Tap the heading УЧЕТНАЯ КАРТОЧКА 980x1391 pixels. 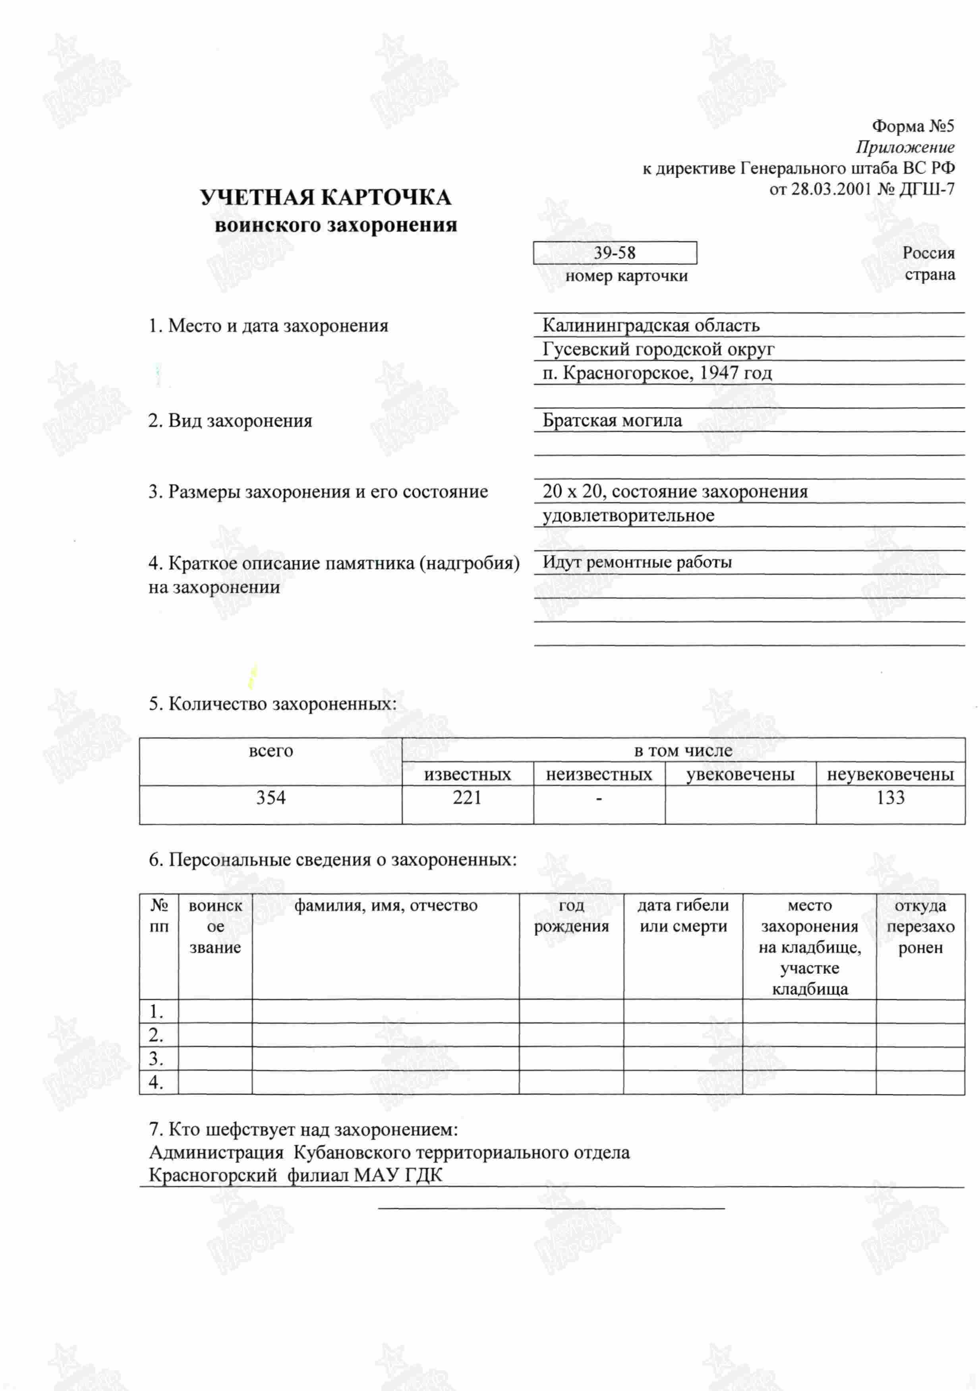(325, 198)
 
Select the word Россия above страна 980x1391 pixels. (928, 253)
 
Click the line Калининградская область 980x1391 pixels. (651, 325)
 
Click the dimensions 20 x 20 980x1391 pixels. (572, 491)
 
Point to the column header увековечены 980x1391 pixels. (740, 774)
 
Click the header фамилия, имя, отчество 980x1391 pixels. (386, 905)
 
